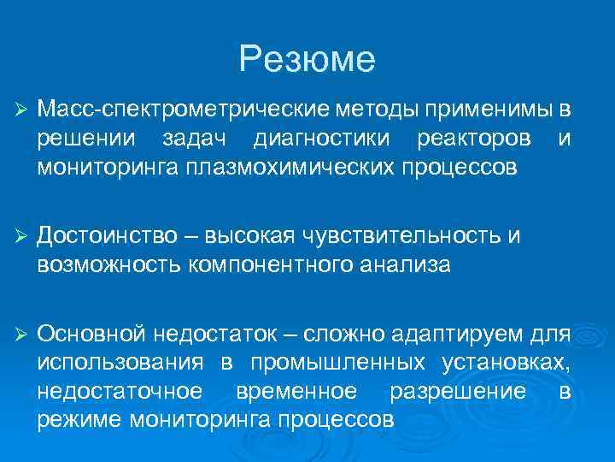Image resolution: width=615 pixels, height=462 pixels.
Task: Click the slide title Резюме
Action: pos(307,59)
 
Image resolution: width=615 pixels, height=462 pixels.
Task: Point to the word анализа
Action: pos(407,264)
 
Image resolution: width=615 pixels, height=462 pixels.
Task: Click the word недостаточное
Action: pos(120,390)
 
